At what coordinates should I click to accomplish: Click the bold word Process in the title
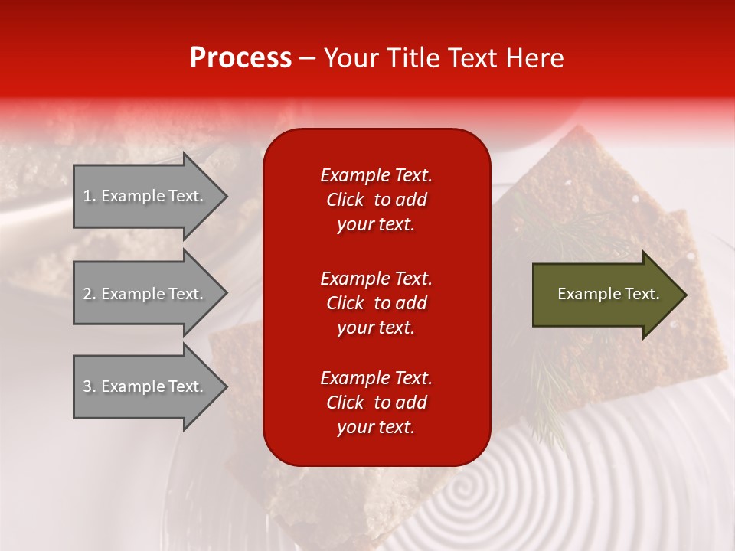(240, 58)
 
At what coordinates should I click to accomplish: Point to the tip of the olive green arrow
(684, 295)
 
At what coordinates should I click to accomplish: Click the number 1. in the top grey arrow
(90, 196)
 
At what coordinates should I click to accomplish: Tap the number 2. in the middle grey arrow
(90, 294)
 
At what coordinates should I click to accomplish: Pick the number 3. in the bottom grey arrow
(90, 386)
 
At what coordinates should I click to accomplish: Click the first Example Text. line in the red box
(376, 175)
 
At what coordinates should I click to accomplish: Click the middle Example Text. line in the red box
(376, 279)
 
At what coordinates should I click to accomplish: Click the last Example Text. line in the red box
(376, 378)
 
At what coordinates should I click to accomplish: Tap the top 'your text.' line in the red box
(376, 225)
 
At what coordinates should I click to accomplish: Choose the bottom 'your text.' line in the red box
(376, 428)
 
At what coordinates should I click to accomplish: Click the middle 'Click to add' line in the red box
(376, 303)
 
